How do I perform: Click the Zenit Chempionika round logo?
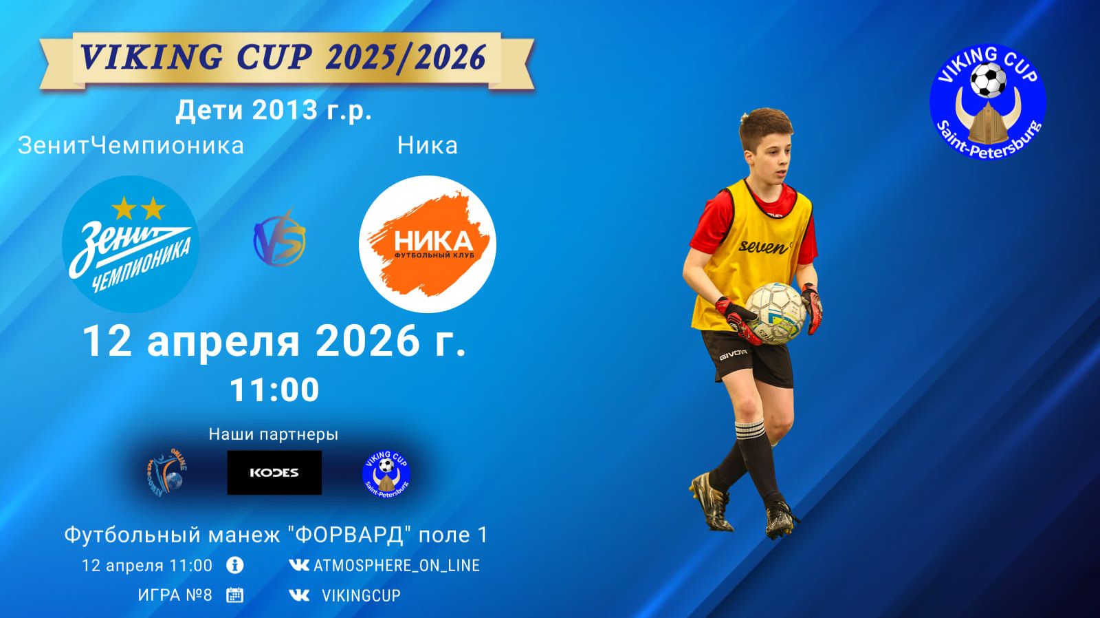(x=131, y=244)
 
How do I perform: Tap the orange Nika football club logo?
(x=428, y=244)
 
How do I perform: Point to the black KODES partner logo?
(x=274, y=473)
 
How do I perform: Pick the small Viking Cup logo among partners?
(x=386, y=473)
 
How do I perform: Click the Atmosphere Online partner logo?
(x=166, y=473)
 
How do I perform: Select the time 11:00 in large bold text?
(x=274, y=390)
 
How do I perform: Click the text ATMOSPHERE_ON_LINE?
(x=397, y=566)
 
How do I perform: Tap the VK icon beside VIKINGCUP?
(x=299, y=595)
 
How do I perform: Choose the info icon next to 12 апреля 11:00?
(x=234, y=566)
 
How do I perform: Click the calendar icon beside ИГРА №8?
(x=234, y=595)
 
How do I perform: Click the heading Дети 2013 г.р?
(x=274, y=110)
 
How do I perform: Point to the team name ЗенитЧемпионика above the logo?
(x=131, y=146)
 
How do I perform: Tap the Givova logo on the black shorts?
(x=733, y=357)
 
